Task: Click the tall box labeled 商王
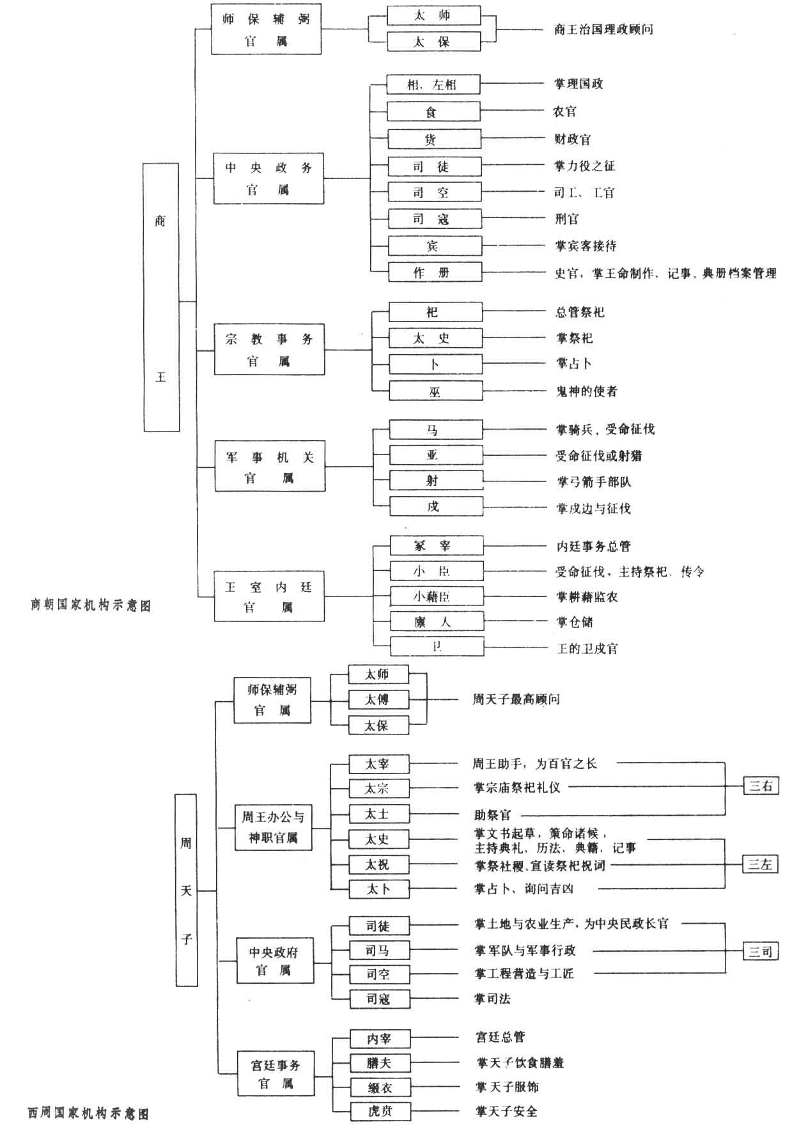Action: tap(160, 297)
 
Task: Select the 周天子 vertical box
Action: tap(186, 890)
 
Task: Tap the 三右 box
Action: tap(761, 786)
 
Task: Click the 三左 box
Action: tap(761, 865)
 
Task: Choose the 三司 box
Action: tap(761, 952)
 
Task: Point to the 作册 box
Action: tap(435, 273)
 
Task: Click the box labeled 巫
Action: tap(435, 391)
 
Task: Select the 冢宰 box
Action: tap(437, 546)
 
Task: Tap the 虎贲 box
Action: tap(380, 1111)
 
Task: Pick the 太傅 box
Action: tap(378, 699)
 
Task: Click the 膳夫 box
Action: tap(380, 1063)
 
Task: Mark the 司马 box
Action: tap(379, 951)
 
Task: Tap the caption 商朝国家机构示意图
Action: tap(90, 605)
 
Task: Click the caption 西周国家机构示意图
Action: tap(88, 1113)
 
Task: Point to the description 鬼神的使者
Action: tap(587, 391)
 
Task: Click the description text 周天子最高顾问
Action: tap(516, 699)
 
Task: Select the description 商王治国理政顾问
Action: tap(603, 29)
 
